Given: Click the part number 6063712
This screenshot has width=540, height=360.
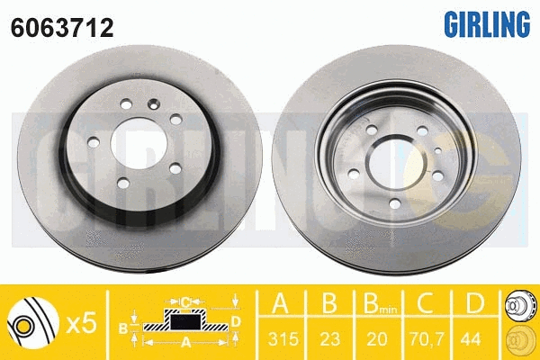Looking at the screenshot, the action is click(x=62, y=28).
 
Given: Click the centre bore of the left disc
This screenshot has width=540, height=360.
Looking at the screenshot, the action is click(x=139, y=143).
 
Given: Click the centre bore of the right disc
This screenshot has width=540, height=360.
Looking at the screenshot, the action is click(x=398, y=162).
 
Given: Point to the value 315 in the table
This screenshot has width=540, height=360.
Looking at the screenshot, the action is click(x=283, y=339).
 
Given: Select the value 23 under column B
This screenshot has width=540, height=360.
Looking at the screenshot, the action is click(x=330, y=339).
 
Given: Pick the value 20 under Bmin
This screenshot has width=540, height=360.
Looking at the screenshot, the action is click(x=377, y=339).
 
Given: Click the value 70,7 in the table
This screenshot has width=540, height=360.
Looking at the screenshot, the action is click(x=427, y=339).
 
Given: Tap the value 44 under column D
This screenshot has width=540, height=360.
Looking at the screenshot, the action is click(x=471, y=339).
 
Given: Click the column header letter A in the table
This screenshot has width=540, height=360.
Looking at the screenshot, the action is click(x=280, y=303).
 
